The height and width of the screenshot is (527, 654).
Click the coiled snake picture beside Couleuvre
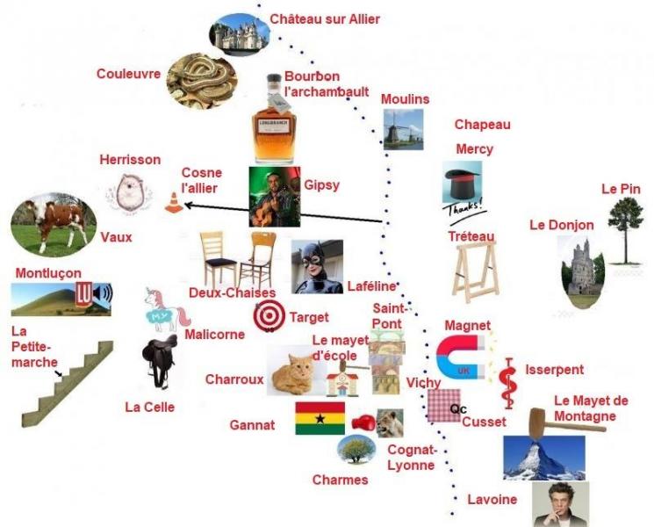(x=202, y=81)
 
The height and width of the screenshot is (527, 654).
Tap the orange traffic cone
(x=174, y=203)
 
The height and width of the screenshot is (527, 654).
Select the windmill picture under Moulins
(x=403, y=129)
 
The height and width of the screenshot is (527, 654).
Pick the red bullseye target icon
(x=270, y=316)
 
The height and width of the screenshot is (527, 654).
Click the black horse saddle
(x=159, y=361)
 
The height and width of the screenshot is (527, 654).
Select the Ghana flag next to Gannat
(x=320, y=418)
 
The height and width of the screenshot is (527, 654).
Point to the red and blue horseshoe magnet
(x=461, y=357)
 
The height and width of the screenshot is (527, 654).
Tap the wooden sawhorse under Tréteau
(x=476, y=272)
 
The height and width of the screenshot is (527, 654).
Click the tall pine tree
(x=625, y=231)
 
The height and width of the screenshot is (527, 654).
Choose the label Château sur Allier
(x=325, y=19)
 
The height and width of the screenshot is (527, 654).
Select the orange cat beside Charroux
(x=292, y=372)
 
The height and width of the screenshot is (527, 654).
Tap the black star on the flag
(x=320, y=418)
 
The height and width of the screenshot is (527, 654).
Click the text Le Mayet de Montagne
(x=591, y=408)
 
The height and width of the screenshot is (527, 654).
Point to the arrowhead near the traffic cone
(x=188, y=205)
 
